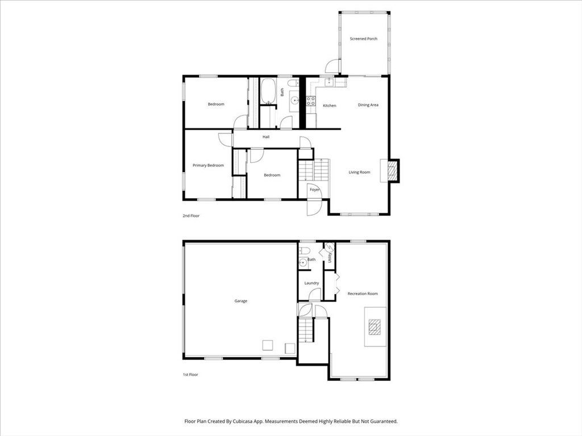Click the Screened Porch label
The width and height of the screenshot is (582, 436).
pyautogui.click(x=363, y=39)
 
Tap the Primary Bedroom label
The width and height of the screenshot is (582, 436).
pyautogui.click(x=208, y=165)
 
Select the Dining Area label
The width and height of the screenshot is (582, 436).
pyautogui.click(x=368, y=105)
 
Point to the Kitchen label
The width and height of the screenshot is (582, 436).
pyautogui.click(x=329, y=106)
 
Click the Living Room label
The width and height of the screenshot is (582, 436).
pyautogui.click(x=359, y=172)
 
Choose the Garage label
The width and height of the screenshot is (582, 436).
pyautogui.click(x=240, y=301)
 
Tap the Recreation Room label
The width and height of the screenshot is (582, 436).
pyautogui.click(x=363, y=294)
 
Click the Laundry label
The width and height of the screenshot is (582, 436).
pyautogui.click(x=311, y=283)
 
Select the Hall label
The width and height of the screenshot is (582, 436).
pyautogui.click(x=266, y=137)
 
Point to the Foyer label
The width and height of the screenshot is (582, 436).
pyautogui.click(x=315, y=190)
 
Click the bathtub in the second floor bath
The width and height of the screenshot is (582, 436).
pyautogui.click(x=268, y=91)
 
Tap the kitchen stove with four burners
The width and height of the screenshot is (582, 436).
pyautogui.click(x=311, y=101)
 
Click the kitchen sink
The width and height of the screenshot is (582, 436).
pyautogui.click(x=329, y=82)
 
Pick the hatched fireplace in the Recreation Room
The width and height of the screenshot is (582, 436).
pyautogui.click(x=374, y=326)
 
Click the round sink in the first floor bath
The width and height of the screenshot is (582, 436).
pyautogui.click(x=303, y=263)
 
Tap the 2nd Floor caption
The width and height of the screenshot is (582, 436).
pyautogui.click(x=191, y=216)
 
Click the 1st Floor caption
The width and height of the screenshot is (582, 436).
pyautogui.click(x=190, y=375)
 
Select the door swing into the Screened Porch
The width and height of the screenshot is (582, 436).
pyautogui.click(x=332, y=66)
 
